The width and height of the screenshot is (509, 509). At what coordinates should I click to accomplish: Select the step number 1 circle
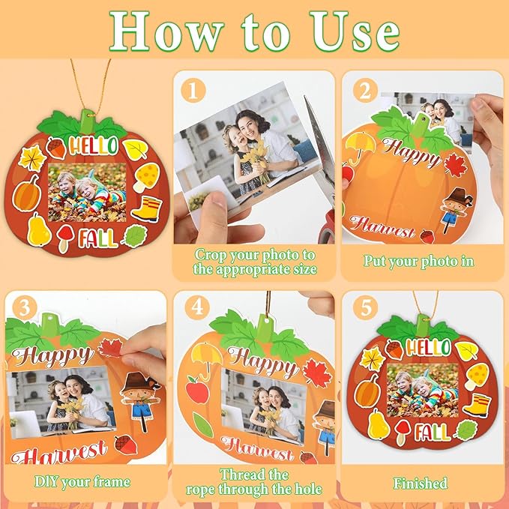pos(193,93)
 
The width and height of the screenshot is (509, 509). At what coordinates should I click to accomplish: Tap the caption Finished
pos(421,484)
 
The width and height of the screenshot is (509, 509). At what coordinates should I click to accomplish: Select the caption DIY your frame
pos(82,482)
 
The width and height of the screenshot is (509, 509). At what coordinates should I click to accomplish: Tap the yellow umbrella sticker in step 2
pos(359,145)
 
